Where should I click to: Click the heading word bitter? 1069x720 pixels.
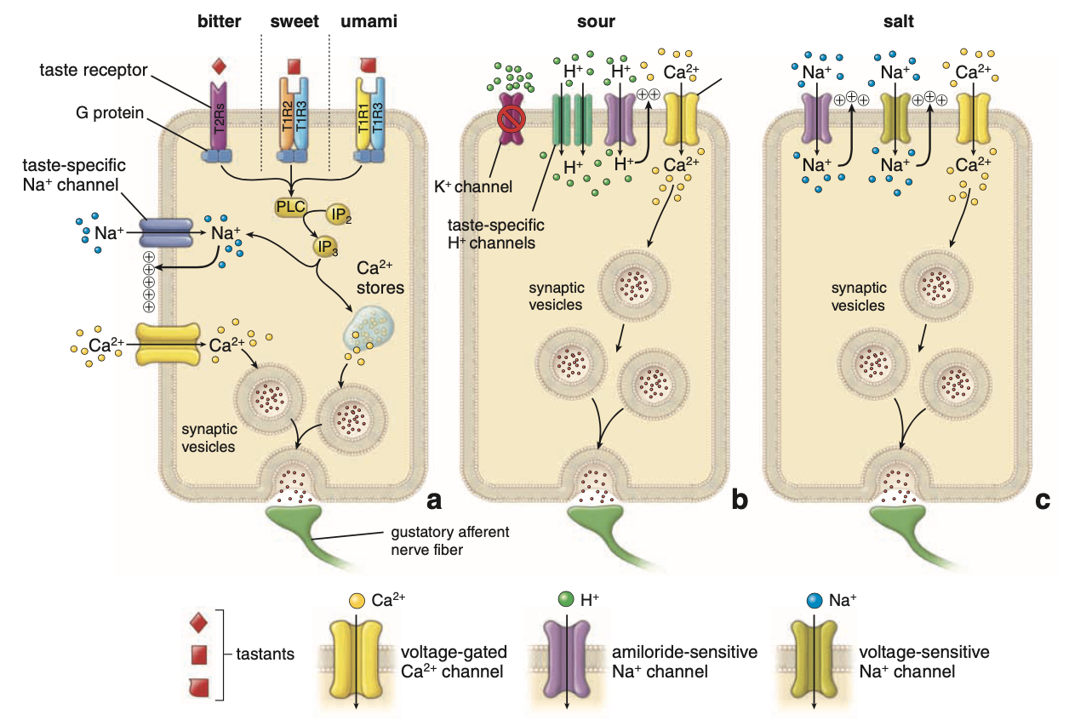point(212,20)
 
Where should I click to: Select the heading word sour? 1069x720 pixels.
point(597,20)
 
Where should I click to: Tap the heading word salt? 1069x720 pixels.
point(898,20)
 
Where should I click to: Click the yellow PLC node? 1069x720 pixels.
point(289,207)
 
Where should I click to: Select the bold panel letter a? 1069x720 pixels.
point(433,500)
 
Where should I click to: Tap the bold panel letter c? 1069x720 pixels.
point(1042,500)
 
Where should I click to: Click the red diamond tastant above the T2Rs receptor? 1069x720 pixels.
point(218,65)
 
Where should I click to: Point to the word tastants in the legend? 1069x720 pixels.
point(264,654)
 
